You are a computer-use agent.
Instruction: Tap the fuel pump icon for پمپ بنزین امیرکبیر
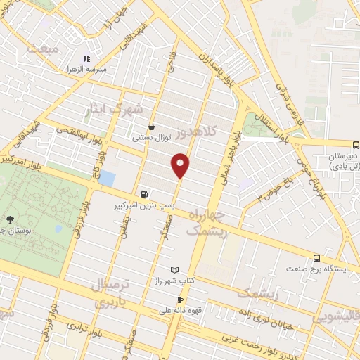pyautogui.click(x=144, y=195)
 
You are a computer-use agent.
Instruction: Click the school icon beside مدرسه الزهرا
pyautogui.click(x=86, y=58)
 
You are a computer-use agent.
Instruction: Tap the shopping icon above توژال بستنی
pyautogui.click(x=151, y=127)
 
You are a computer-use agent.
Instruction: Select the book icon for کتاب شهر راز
pyautogui.click(x=175, y=270)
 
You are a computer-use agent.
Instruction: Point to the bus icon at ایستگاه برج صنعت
pyautogui.click(x=317, y=258)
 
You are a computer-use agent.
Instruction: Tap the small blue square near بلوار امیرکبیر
pyautogui.click(x=107, y=179)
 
